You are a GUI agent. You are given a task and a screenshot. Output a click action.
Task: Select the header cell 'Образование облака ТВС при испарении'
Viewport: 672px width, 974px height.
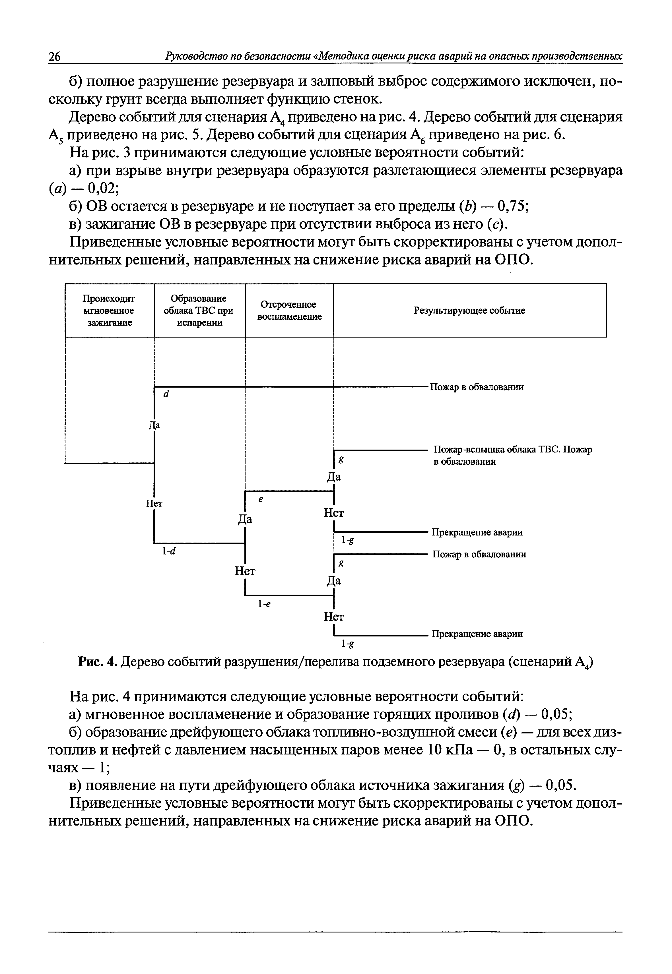[199, 311]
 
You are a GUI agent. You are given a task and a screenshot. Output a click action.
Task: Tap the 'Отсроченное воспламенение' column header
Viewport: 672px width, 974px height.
[289, 311]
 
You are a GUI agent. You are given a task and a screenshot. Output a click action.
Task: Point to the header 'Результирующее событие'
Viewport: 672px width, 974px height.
[469, 311]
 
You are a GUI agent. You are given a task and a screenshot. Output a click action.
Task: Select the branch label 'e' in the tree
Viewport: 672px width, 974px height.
[261, 499]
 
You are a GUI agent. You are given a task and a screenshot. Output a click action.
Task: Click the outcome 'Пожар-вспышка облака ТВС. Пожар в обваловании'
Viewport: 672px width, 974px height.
[512, 455]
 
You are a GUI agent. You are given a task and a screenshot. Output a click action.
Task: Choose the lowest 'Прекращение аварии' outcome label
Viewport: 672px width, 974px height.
[477, 634]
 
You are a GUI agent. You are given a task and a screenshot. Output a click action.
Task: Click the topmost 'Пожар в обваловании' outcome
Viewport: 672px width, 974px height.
[477, 387]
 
